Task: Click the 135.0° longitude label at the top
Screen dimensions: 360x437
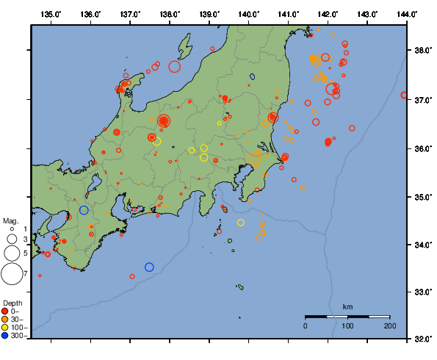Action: tap(51, 13)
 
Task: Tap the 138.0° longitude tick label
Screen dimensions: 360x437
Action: tap(170, 13)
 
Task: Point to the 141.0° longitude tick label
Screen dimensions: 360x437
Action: tap(288, 13)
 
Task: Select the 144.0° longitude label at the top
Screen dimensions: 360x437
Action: tap(407, 13)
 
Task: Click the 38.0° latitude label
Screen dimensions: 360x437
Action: tap(422, 50)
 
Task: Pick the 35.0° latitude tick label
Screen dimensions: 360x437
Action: tap(422, 197)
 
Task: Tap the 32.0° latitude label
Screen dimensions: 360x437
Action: tap(422, 339)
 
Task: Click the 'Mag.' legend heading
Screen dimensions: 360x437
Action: tap(10, 220)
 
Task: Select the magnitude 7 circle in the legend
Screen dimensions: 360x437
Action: tap(11, 274)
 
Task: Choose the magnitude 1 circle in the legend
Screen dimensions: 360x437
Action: tap(12, 229)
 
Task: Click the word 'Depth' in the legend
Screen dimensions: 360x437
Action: tap(12, 303)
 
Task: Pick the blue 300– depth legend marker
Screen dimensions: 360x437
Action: tap(6, 336)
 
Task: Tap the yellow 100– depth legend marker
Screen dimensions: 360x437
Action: tap(6, 327)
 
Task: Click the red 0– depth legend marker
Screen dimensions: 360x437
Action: tap(6, 311)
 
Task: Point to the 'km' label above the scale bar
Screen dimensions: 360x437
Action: tap(347, 306)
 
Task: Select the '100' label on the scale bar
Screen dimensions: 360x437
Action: tap(347, 325)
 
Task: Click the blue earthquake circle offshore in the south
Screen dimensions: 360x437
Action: tap(149, 267)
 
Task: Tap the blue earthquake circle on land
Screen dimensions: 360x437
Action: tap(84, 210)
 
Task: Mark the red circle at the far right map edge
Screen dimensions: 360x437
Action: tap(404, 95)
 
